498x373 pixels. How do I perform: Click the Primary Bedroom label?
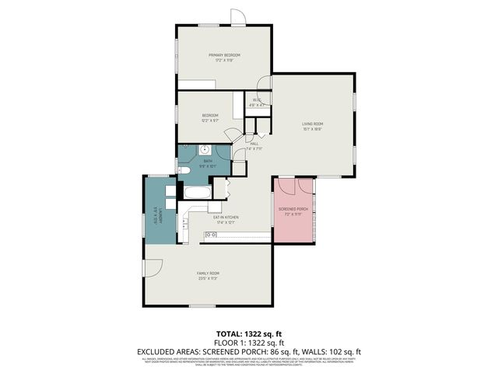coord(224,55)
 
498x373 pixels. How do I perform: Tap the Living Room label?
coord(313,124)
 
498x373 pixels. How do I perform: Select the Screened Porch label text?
coord(294,209)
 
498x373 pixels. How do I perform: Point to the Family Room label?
coord(208,273)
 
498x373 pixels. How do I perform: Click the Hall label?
coord(254,143)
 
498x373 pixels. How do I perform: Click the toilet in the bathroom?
coord(183,169)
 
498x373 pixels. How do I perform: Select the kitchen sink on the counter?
coord(211,235)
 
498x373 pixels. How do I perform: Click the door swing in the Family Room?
coord(153,267)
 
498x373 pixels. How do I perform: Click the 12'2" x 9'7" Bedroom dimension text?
coord(210,121)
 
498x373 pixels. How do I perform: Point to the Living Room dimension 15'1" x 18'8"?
coord(313,129)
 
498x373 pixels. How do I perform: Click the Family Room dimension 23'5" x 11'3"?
coord(208,278)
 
